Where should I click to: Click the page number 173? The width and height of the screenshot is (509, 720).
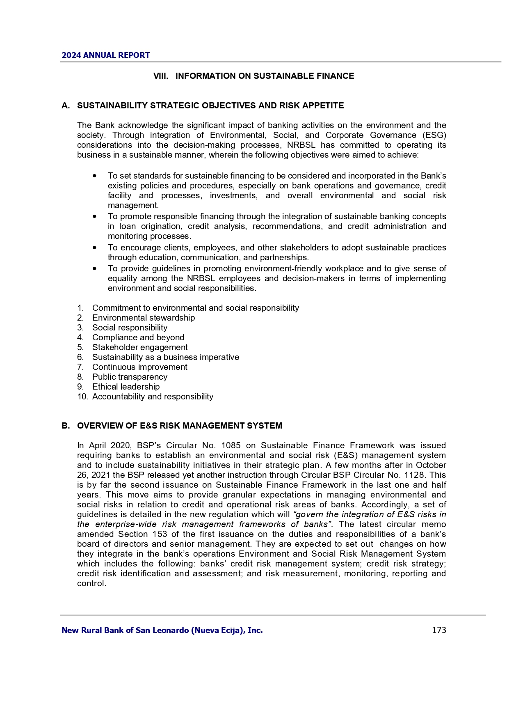[438, 630]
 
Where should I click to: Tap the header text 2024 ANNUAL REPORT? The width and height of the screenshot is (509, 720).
[106, 55]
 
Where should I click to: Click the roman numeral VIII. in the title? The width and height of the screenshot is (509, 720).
[161, 76]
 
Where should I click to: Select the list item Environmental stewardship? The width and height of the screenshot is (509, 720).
[144, 318]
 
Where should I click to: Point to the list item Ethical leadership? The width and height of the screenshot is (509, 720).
[126, 387]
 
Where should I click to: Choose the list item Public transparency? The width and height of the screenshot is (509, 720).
[130, 377]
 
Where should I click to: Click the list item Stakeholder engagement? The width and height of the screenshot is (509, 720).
[140, 347]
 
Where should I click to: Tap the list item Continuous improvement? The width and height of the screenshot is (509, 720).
[139, 367]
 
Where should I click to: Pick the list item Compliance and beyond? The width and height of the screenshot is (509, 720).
[138, 337]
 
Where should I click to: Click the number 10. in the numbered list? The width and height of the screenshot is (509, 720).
[82, 397]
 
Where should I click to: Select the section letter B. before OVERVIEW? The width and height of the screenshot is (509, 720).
[66, 426]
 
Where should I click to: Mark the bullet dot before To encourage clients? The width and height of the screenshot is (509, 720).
[95, 248]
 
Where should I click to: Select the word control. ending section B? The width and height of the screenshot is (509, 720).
[91, 583]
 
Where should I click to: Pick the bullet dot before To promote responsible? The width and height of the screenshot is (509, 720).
[95, 216]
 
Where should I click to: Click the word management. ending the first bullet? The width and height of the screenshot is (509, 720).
[133, 205]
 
